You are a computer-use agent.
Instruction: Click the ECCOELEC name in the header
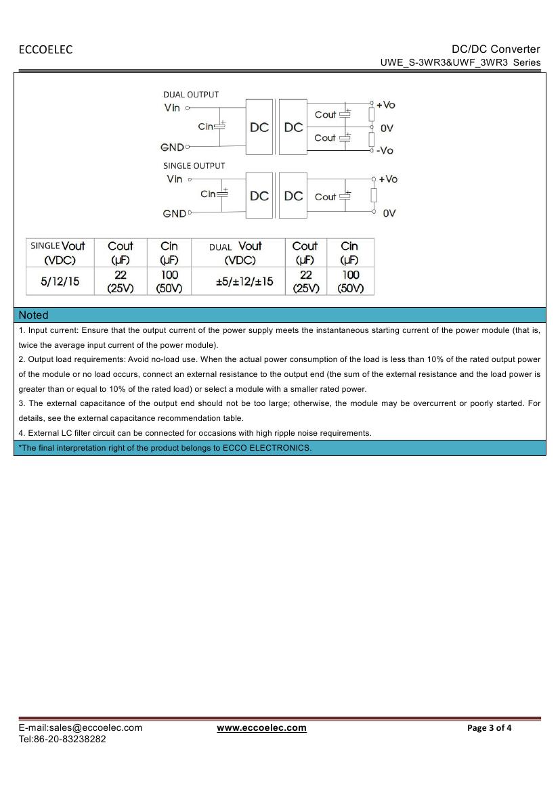tap(45, 49)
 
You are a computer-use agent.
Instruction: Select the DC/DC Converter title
tap(496, 49)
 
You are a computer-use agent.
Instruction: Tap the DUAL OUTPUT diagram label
tap(191, 95)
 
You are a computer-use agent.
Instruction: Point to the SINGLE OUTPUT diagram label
tap(194, 166)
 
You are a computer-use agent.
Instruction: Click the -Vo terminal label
tap(385, 151)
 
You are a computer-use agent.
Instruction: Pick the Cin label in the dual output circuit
tap(206, 127)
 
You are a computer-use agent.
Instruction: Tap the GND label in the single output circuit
tap(174, 214)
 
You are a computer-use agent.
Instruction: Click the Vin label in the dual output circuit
tap(172, 108)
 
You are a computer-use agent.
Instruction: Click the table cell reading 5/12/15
tap(60, 281)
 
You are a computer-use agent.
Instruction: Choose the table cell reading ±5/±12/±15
tap(244, 281)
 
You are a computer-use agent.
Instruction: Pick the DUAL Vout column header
tap(236, 252)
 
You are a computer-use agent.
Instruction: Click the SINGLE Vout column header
tap(58, 252)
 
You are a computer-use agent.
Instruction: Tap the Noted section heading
tap(34, 315)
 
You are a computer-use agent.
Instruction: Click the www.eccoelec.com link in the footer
tap(261, 728)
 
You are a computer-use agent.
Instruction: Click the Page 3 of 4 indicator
tap(490, 728)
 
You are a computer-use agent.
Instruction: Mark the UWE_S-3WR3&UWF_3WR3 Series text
tap(460, 62)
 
